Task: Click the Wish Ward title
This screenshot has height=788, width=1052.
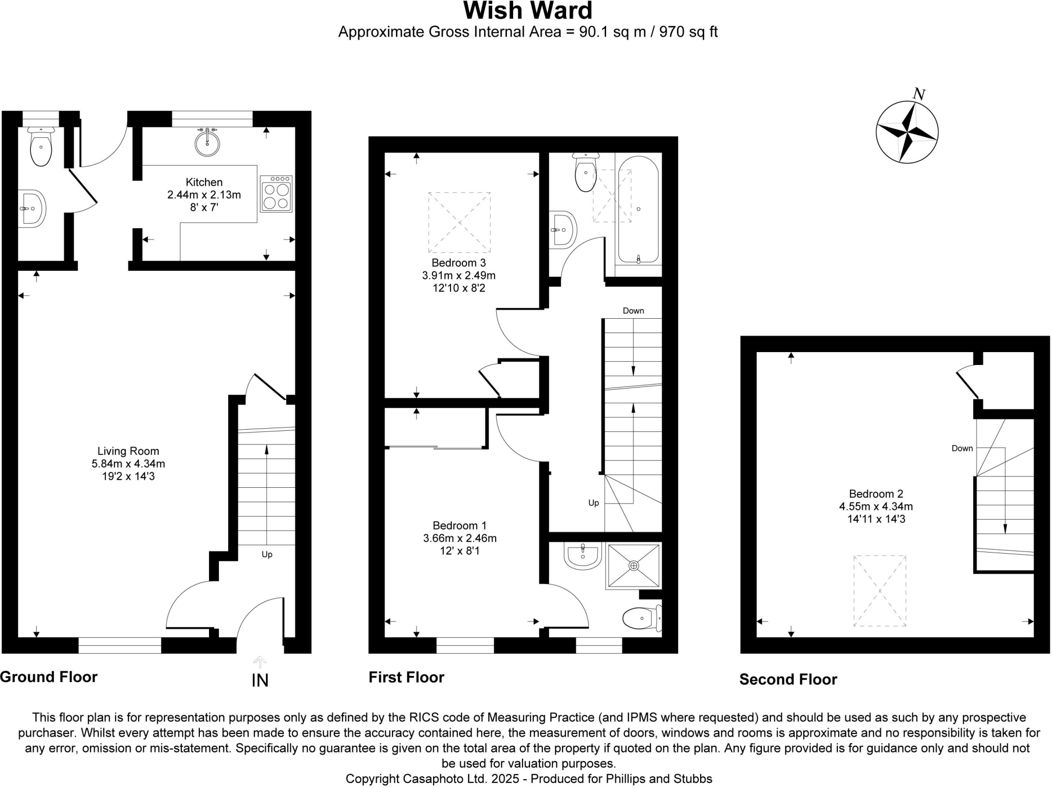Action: tap(528, 11)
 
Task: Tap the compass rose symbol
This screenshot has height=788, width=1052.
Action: tap(907, 133)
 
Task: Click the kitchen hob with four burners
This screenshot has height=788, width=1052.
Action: tap(276, 194)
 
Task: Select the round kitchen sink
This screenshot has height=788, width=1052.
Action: tap(207, 143)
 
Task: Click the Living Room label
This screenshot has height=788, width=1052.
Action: tap(128, 451)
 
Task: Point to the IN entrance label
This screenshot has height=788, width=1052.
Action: tap(260, 681)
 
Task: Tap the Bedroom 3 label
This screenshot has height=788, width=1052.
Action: tap(458, 263)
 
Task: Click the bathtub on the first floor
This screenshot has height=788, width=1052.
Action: tap(638, 209)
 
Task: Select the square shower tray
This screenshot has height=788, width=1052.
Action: tap(634, 565)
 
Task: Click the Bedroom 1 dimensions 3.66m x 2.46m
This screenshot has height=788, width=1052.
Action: tap(460, 539)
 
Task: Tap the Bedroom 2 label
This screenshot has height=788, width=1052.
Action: tap(876, 494)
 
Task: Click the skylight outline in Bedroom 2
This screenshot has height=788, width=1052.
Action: tap(879, 591)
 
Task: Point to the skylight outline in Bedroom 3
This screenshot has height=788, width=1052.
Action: tap(459, 223)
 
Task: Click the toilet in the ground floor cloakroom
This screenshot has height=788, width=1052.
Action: tap(41, 148)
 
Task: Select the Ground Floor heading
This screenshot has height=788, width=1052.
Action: tap(49, 677)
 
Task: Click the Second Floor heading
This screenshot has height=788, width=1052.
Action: tap(788, 680)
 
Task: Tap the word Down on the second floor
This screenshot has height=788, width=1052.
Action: tap(962, 448)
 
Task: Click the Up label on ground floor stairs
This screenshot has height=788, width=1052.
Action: tap(267, 555)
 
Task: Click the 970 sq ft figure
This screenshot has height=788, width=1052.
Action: tap(688, 32)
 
